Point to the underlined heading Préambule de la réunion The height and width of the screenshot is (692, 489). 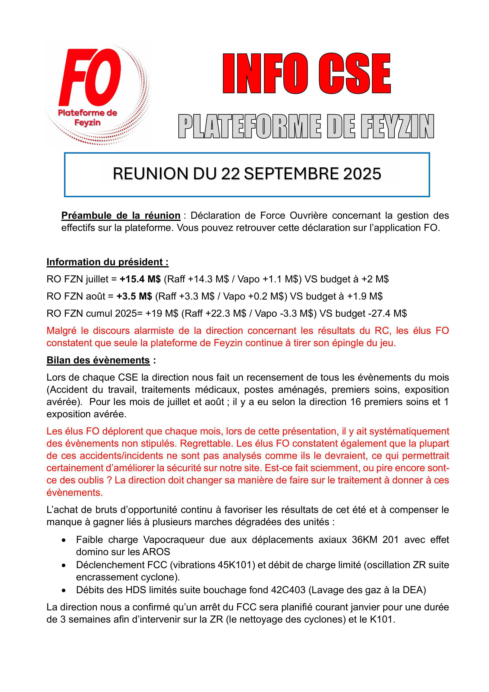[x=121, y=216]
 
